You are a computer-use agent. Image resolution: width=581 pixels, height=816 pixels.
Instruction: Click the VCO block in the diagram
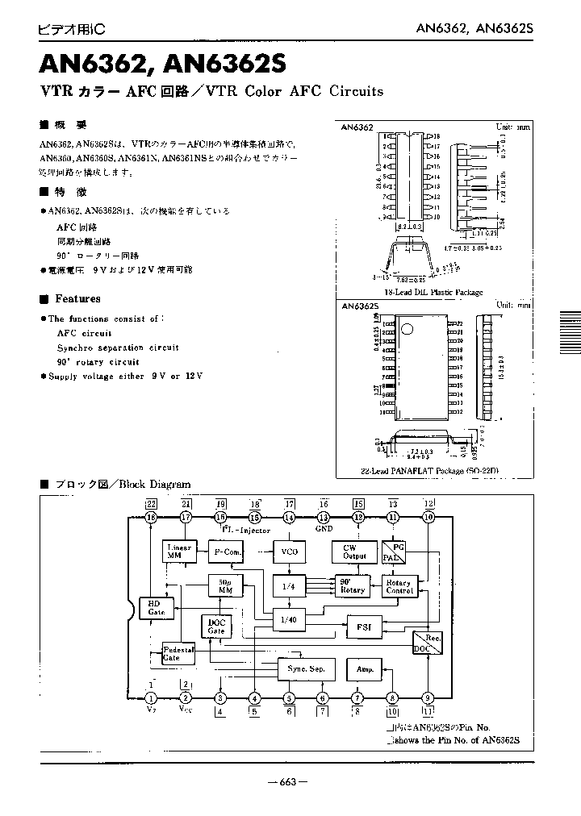click(x=289, y=552)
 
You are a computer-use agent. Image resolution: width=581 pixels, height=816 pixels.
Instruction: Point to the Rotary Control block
click(x=399, y=586)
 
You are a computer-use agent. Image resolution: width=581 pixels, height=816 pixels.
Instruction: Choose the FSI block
click(x=364, y=626)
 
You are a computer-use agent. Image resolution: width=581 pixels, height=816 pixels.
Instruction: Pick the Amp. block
click(x=363, y=668)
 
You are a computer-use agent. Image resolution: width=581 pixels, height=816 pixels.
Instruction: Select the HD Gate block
click(x=156, y=609)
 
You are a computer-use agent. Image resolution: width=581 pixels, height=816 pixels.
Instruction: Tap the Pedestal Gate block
click(x=178, y=653)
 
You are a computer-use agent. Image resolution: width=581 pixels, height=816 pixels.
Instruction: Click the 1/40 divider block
click(x=289, y=619)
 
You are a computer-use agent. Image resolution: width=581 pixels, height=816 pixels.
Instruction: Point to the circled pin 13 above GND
click(x=324, y=518)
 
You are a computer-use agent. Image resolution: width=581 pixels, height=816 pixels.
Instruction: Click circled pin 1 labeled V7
click(x=151, y=698)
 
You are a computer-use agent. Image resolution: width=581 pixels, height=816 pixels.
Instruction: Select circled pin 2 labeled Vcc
click(x=186, y=698)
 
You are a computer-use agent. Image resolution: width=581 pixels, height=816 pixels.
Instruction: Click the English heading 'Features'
click(x=77, y=298)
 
